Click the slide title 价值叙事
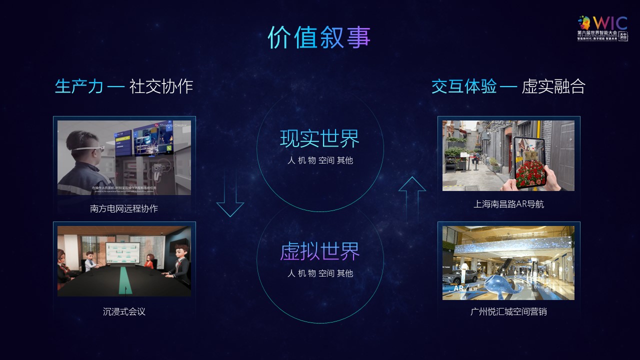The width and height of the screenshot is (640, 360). [x=319, y=37]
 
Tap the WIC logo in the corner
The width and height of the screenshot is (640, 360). [x=603, y=28]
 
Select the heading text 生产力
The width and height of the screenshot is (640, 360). [x=79, y=86]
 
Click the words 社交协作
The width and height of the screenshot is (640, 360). [x=161, y=86]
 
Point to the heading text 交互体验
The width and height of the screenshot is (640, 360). [x=464, y=86]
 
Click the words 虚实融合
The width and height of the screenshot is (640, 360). [x=553, y=86]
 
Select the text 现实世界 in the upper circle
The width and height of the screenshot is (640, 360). [x=319, y=139]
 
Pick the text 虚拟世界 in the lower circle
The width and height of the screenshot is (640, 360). [x=319, y=251]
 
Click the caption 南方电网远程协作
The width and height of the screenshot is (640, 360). [x=124, y=208]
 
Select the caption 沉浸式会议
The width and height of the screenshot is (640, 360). [x=124, y=311]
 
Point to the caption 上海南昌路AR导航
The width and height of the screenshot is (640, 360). [x=508, y=204]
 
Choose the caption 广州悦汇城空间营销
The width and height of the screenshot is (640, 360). [x=508, y=311]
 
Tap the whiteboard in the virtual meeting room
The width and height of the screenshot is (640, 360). [x=123, y=254]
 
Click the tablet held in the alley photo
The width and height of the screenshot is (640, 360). [x=529, y=162]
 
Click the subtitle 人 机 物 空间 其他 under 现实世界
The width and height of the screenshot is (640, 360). [x=320, y=161]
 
